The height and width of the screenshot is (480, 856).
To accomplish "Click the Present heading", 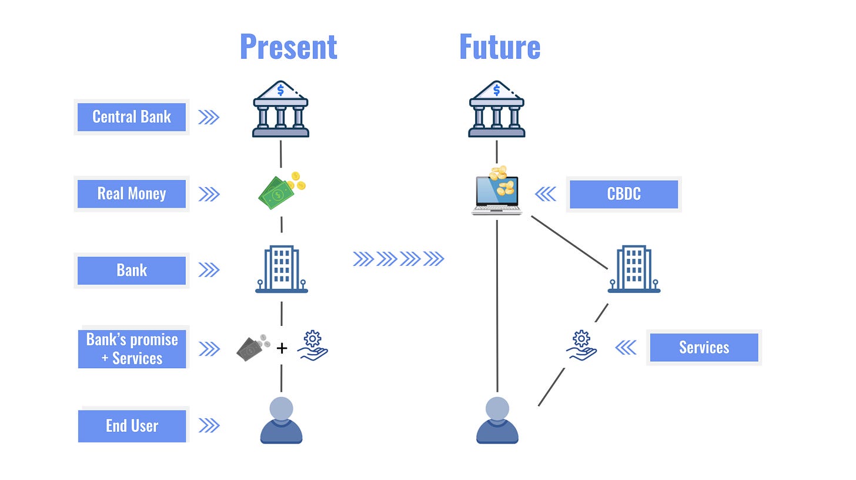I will click(x=288, y=47).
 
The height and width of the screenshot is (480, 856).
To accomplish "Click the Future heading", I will click(x=499, y=47).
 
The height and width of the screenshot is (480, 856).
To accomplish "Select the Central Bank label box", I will click(x=132, y=117).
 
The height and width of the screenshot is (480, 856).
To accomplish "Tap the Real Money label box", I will click(x=132, y=194).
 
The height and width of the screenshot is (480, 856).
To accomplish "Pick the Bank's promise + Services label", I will click(x=132, y=349).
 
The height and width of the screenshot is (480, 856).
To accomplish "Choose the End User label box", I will click(x=132, y=426).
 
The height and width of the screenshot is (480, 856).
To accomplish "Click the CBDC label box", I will click(x=623, y=194).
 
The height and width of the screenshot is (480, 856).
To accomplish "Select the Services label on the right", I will click(x=704, y=348).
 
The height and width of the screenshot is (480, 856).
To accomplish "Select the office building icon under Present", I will click(x=281, y=269).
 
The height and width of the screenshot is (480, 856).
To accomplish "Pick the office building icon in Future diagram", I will click(x=634, y=269).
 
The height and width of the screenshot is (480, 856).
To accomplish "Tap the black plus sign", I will click(x=282, y=348).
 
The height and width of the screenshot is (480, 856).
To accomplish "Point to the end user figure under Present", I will click(x=281, y=420).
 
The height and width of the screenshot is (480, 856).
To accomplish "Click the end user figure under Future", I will click(x=497, y=420).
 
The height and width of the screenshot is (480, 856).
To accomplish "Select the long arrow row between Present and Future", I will click(x=399, y=259).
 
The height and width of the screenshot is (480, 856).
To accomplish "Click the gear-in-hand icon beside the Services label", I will click(x=581, y=345).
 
